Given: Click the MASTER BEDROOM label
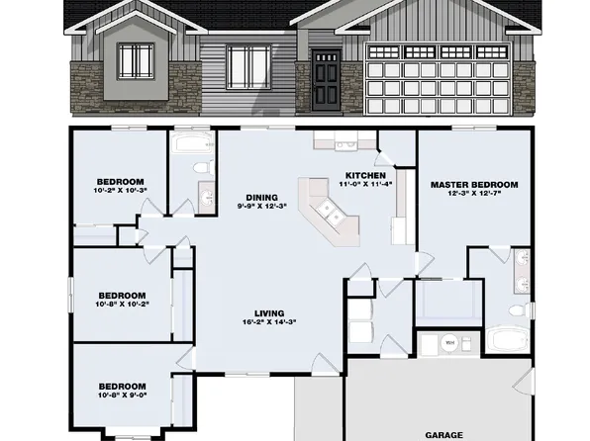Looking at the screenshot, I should point(474,184).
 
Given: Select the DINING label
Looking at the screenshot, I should point(263,195).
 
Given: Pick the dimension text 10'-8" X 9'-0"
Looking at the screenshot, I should point(122,394).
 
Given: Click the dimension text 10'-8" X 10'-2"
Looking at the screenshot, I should point(121,304).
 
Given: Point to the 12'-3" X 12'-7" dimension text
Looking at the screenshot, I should point(474,194).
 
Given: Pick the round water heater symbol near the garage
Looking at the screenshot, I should point(450,343).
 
